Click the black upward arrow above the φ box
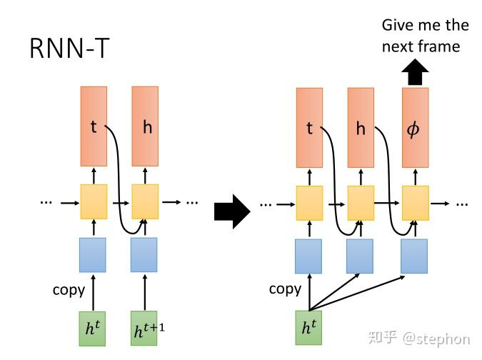pos(415,72)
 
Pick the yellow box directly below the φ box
pos(415,203)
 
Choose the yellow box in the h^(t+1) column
pos(144,201)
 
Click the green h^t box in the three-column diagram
pos(309,328)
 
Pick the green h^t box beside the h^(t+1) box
pos(93,328)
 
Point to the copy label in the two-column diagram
pos(69,289)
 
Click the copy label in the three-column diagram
pos(285,289)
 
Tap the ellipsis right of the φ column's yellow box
pos(461,204)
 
